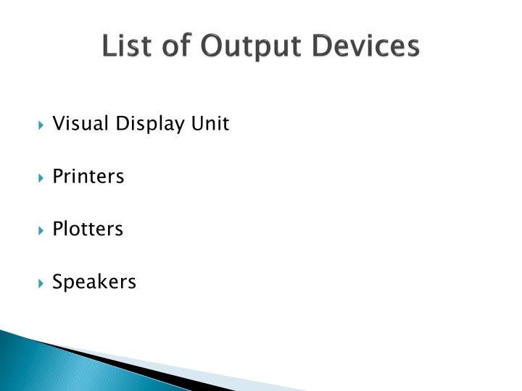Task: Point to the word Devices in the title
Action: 365,46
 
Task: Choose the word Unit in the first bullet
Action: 210,124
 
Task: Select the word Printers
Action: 88,177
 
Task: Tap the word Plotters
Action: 88,230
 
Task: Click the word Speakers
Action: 94,282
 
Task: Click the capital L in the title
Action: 107,46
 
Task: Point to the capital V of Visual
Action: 58,124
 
